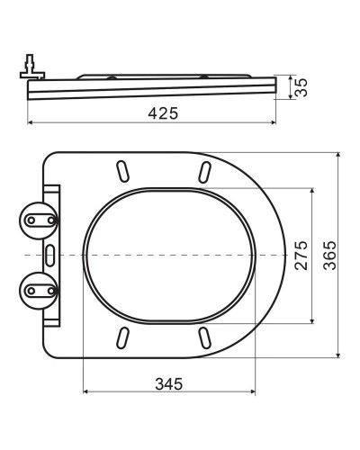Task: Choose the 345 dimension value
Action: (x=168, y=383)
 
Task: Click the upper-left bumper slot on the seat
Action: (x=120, y=172)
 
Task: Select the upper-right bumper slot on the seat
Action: (x=204, y=172)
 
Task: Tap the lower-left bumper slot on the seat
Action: (x=120, y=338)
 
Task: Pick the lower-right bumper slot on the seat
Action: (x=204, y=338)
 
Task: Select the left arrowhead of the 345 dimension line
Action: (x=86, y=393)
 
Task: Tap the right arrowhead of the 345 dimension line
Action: (x=252, y=393)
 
